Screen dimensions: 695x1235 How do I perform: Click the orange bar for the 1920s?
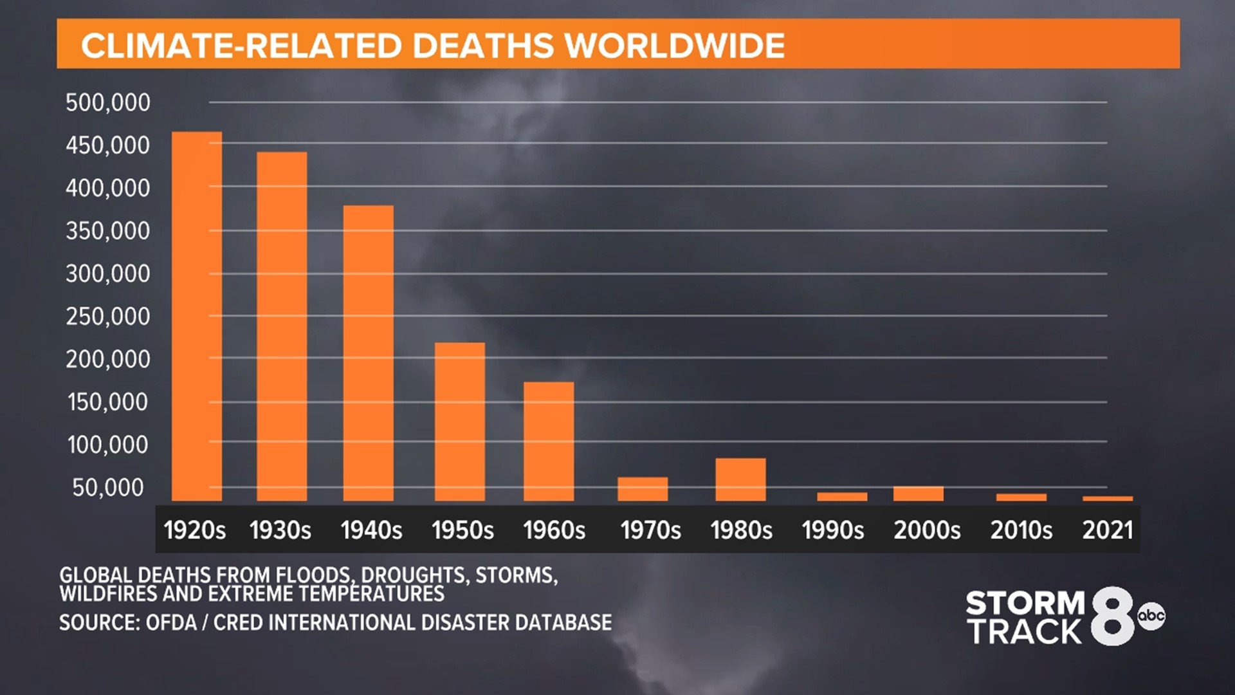point(197,316)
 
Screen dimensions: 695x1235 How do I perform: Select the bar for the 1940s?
point(368,353)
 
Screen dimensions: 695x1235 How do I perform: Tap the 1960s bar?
point(549,441)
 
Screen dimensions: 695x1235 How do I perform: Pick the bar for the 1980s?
point(740,479)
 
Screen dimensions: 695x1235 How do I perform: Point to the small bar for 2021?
point(1108,498)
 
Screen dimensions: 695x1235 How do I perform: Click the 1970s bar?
point(643,488)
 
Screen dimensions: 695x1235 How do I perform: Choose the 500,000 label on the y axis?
point(108,103)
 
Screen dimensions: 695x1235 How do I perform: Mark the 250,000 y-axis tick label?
point(108,317)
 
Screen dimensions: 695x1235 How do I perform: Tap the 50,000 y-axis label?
point(108,488)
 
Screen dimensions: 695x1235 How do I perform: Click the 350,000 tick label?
point(108,231)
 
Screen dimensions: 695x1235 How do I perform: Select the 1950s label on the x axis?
point(462,530)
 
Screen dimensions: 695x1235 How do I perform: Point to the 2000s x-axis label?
point(927,530)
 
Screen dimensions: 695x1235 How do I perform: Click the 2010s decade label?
point(1021,530)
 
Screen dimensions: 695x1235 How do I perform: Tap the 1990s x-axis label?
point(832,530)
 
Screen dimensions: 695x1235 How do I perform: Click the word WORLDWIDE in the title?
point(675,46)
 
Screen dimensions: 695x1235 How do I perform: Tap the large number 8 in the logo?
point(1112,616)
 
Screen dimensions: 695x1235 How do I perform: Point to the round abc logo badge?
point(1151,616)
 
